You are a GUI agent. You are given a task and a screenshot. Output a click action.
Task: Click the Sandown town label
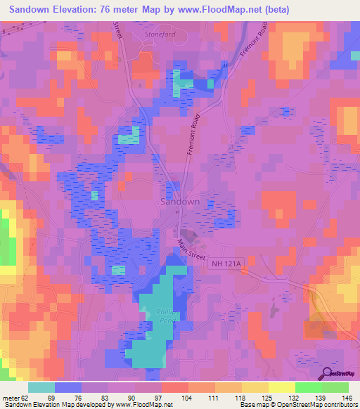(180, 201)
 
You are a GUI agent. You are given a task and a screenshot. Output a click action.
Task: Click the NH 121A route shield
(225, 264)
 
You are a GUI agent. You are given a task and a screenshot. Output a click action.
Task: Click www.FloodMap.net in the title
(211, 10)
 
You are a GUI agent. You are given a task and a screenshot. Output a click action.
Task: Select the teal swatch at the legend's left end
(41, 387)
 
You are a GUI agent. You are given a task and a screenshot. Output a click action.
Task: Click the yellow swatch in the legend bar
(281, 387)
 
